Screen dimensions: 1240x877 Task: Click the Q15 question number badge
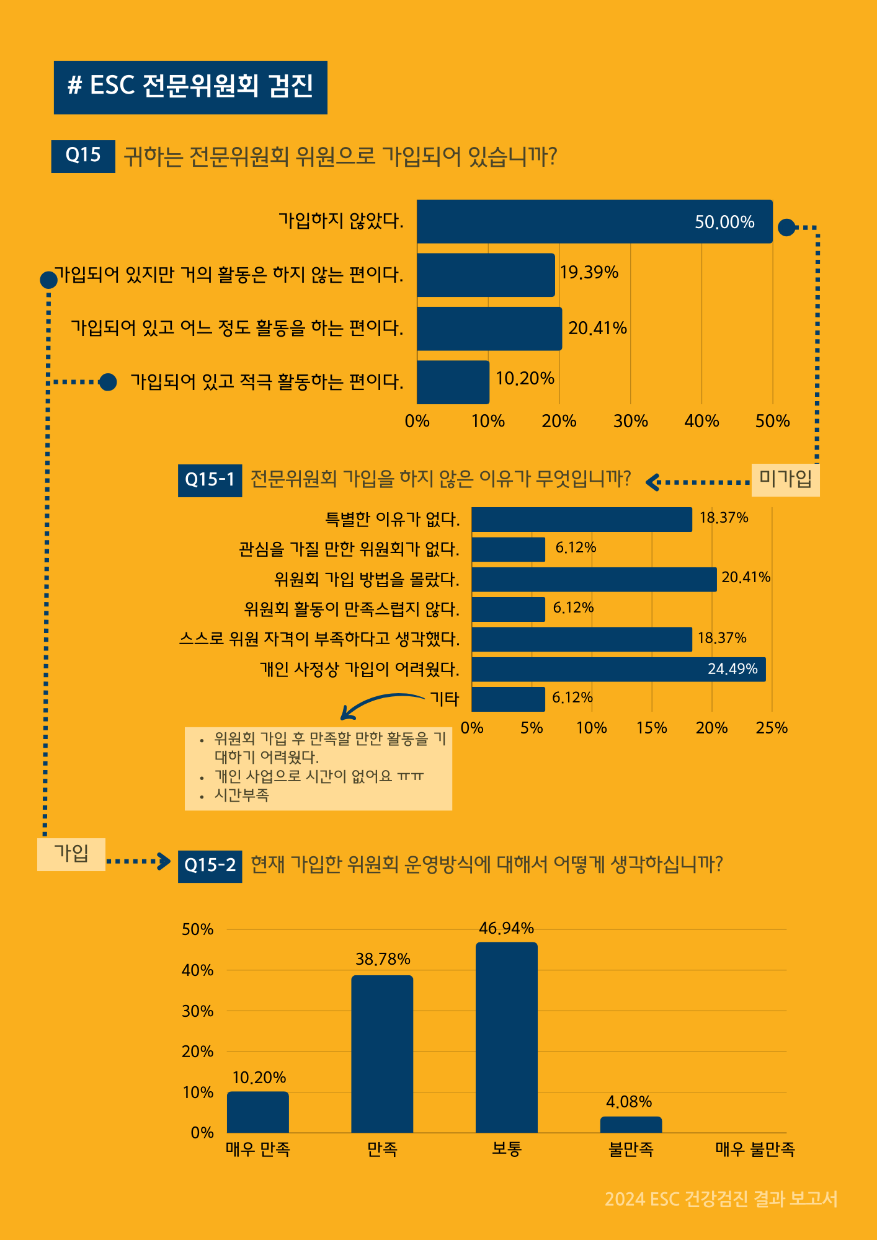pyautogui.click(x=83, y=156)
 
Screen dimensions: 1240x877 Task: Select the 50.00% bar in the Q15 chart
pyautogui.click(x=594, y=221)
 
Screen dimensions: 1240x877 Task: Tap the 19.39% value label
pyautogui.click(x=589, y=273)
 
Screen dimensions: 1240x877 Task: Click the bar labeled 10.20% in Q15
pyautogui.click(x=453, y=382)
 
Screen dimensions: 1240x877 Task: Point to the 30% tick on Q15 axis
pyautogui.click(x=630, y=422)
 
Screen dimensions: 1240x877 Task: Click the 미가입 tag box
pyautogui.click(x=785, y=479)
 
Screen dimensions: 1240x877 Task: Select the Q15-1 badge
pyautogui.click(x=210, y=480)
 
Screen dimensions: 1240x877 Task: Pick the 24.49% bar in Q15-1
pyautogui.click(x=618, y=670)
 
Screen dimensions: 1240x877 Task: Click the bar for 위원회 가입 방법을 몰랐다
pyautogui.click(x=594, y=579)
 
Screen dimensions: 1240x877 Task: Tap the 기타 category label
pyautogui.click(x=445, y=699)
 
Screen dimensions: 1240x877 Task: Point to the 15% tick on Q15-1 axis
pyautogui.click(x=651, y=728)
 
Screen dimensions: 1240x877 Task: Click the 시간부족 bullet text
pyautogui.click(x=242, y=795)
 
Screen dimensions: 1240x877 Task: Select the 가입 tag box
pyautogui.click(x=71, y=854)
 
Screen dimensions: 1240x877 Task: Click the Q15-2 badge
pyautogui.click(x=210, y=866)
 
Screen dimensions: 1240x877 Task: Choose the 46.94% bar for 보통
pyautogui.click(x=506, y=1037)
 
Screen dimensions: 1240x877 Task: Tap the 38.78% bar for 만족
pyautogui.click(x=382, y=1053)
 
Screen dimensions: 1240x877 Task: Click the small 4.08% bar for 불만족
pyautogui.click(x=631, y=1125)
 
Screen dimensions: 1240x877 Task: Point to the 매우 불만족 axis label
pyautogui.click(x=755, y=1149)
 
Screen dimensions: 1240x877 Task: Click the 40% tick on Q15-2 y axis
pyautogui.click(x=198, y=970)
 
